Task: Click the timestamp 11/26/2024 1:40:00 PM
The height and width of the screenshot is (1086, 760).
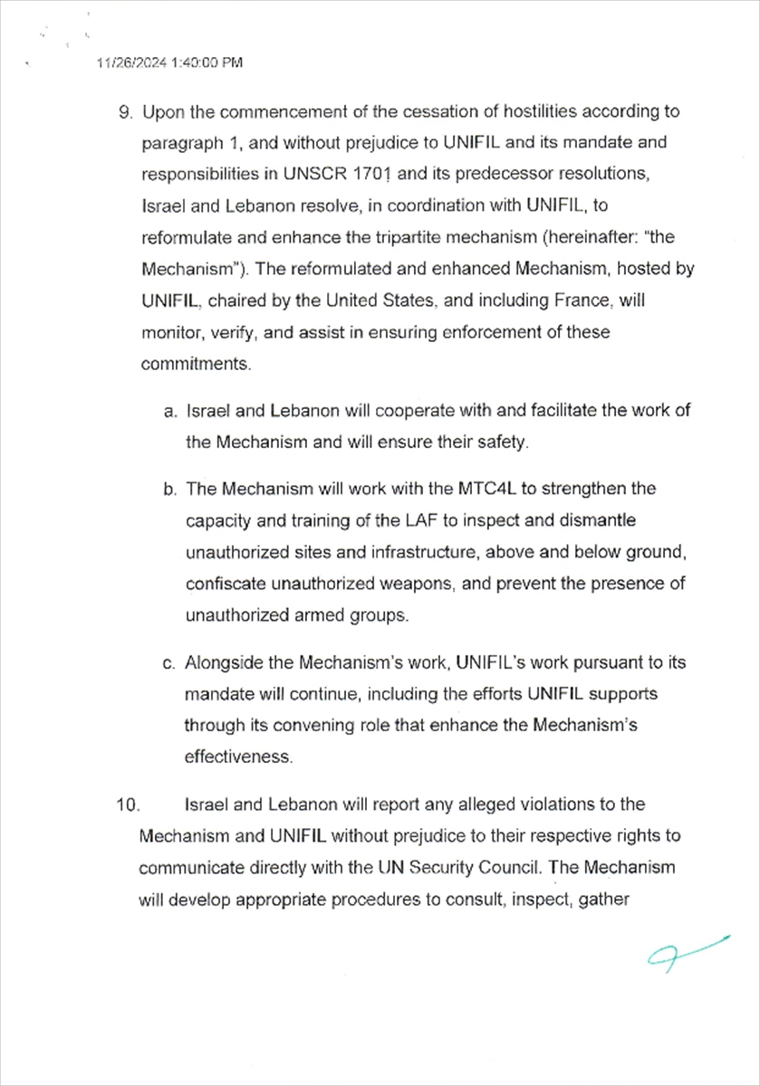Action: click(x=169, y=63)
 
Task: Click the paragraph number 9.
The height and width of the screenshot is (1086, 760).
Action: click(x=125, y=112)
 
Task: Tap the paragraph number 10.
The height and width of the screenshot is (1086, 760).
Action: click(x=127, y=805)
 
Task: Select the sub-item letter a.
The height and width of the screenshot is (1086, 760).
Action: click(x=169, y=411)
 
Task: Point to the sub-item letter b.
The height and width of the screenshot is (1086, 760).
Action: click(x=169, y=490)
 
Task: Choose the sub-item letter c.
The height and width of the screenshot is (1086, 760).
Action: click(x=169, y=663)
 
